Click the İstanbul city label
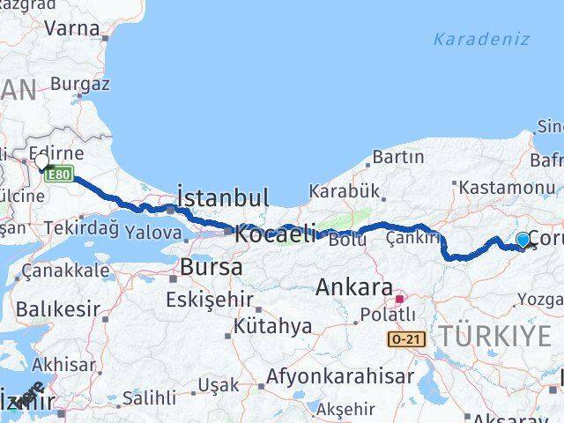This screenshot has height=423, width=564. (x=223, y=197)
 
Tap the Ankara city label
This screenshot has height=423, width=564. (x=353, y=287)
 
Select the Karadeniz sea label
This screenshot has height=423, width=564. (x=481, y=39)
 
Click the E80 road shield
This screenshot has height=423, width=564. (x=58, y=174)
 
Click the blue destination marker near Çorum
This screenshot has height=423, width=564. (x=523, y=241)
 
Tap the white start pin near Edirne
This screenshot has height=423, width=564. (x=41, y=162)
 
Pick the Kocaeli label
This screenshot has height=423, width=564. (x=274, y=234)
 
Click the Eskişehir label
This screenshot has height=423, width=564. (x=209, y=299)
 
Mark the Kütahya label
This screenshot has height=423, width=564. (x=272, y=326)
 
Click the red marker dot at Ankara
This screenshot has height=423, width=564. (x=398, y=297)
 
